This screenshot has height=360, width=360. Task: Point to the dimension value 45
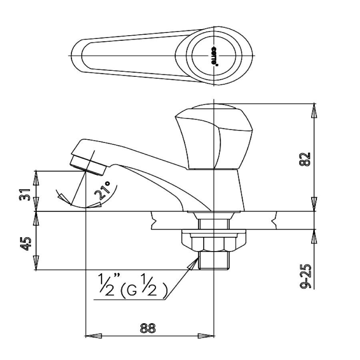point(25,243)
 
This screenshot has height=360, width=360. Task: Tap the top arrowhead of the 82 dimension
point(314,110)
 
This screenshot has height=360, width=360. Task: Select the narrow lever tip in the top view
point(80,55)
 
